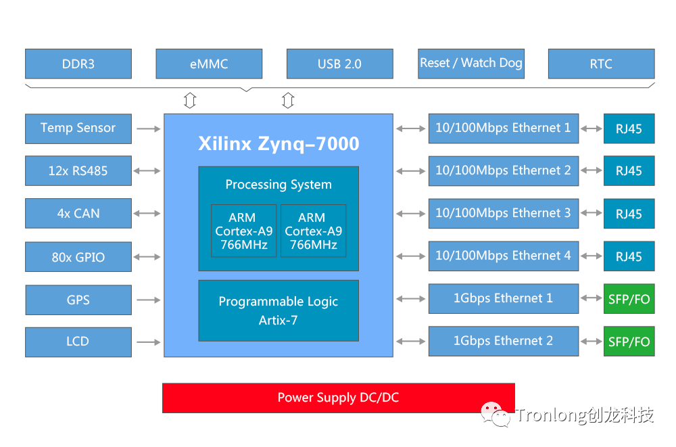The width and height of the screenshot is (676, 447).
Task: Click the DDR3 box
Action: tap(78, 64)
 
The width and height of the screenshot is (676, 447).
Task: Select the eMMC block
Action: tap(209, 64)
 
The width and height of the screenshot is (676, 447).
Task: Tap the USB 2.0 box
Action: tap(339, 64)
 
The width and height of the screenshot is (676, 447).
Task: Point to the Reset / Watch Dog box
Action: tap(470, 64)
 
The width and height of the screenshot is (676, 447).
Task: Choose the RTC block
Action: tap(601, 64)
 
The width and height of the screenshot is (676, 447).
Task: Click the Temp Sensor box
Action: tap(78, 128)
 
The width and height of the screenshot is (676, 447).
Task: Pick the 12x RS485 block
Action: tap(78, 171)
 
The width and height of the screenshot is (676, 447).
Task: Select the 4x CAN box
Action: tap(78, 214)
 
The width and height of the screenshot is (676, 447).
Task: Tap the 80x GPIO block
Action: tap(78, 257)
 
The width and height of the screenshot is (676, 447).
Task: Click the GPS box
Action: tap(78, 300)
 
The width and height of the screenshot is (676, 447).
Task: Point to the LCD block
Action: tap(78, 342)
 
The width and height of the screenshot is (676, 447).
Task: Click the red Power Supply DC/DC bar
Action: tap(338, 398)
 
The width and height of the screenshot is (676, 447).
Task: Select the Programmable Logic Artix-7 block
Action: tap(278, 311)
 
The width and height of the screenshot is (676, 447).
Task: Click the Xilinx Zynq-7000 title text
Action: tap(279, 144)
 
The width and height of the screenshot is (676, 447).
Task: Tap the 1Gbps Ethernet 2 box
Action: tap(503, 342)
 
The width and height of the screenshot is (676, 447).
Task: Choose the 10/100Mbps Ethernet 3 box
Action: tap(503, 214)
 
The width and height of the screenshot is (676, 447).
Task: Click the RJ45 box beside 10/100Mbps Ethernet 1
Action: tap(629, 128)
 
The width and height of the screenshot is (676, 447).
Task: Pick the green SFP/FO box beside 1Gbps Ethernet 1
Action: tap(629, 300)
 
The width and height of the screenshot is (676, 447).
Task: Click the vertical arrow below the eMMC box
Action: tap(190, 101)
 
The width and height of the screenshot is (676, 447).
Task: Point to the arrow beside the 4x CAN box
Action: tap(147, 214)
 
